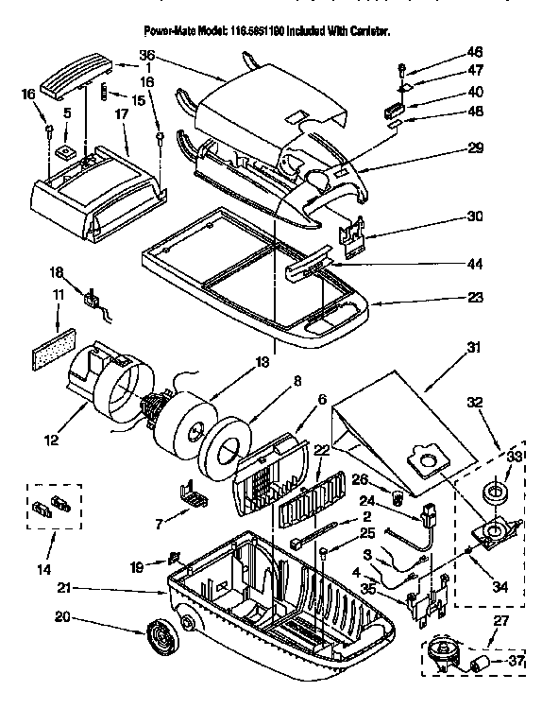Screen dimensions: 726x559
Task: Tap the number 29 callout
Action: coord(475,147)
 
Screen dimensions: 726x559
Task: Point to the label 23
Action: coord(475,297)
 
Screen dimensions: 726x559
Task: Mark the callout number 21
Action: coord(66,588)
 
